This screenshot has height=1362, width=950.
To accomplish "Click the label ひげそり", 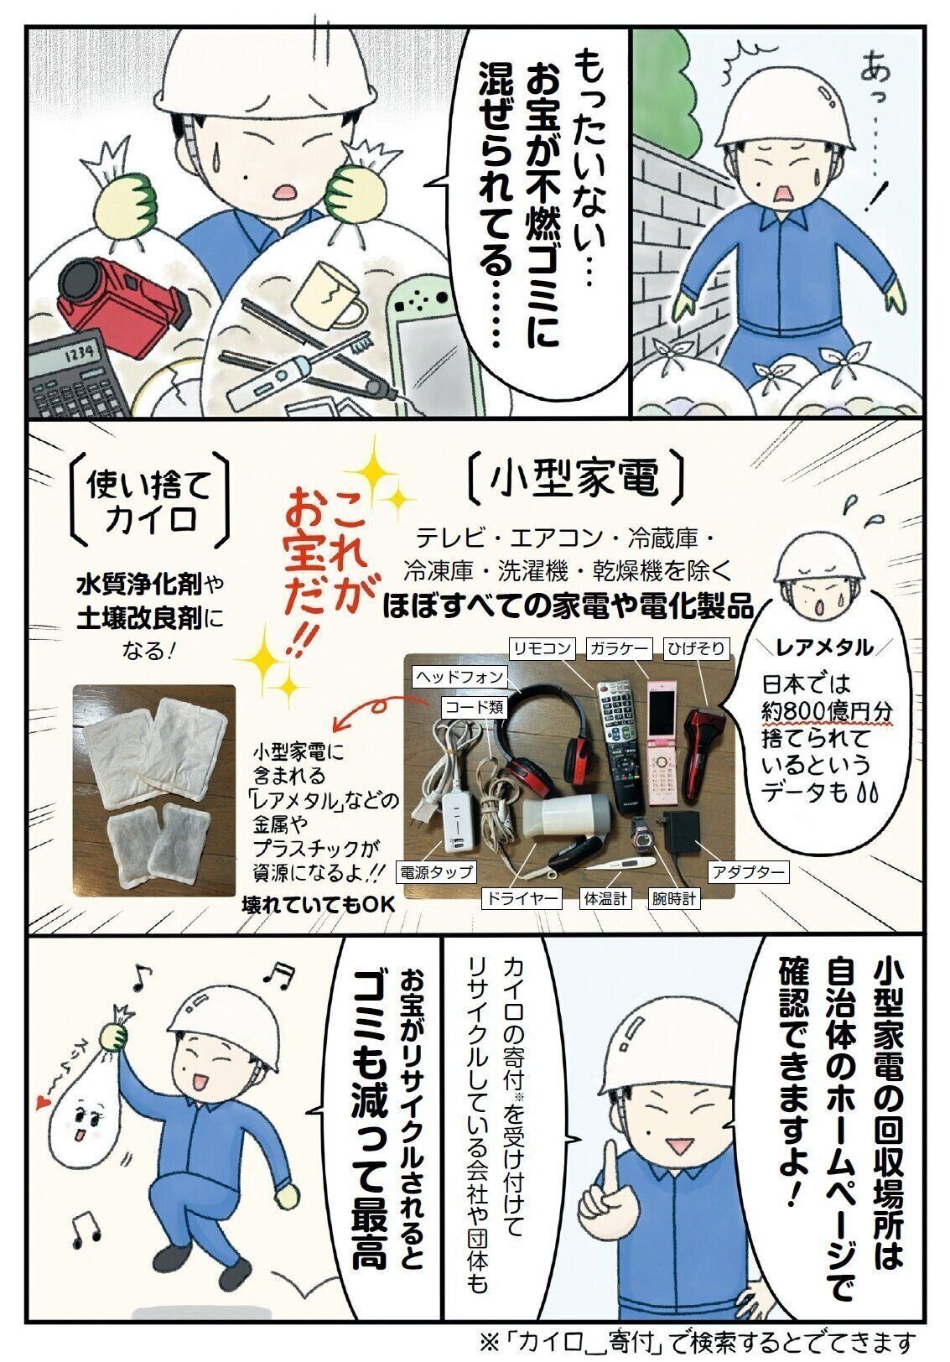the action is pyautogui.click(x=695, y=648).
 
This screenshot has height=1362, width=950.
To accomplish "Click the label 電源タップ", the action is pyautogui.click(x=435, y=872).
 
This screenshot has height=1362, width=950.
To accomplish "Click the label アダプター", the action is pyautogui.click(x=749, y=872).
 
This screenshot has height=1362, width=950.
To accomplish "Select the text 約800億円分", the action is pyautogui.click(x=825, y=712).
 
